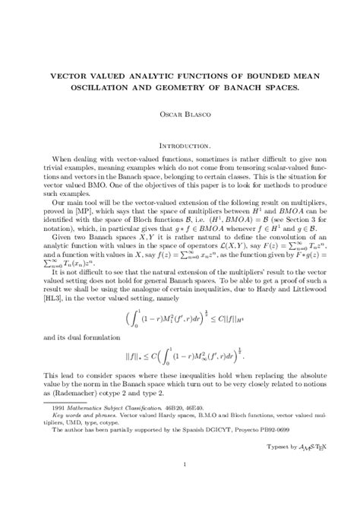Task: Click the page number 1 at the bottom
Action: [x=180, y=484]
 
